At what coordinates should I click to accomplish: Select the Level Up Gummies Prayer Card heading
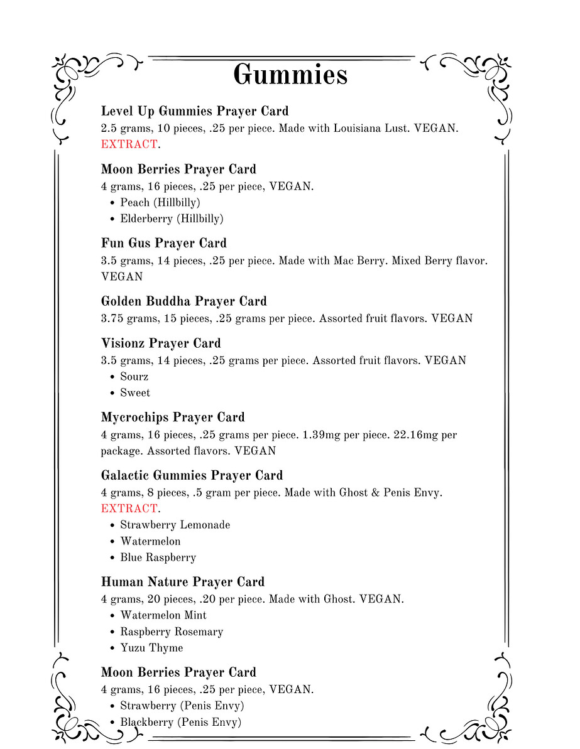coord(195,111)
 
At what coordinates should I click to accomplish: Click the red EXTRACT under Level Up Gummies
coord(129,144)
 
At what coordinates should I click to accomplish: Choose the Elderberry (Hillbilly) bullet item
coord(172,219)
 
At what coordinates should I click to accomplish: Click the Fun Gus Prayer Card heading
coord(163,243)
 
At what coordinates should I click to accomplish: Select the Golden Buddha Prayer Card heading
coord(183,301)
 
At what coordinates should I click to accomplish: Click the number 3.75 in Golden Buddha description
coord(112,318)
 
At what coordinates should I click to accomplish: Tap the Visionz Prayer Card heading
coord(161,343)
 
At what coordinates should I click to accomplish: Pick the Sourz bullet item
coord(134,377)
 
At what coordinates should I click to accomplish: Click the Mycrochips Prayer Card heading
coord(173,418)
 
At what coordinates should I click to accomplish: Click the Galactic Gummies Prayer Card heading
coord(192,475)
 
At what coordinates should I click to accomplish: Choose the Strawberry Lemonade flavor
coord(175,525)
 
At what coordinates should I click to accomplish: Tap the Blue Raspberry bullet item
coord(158,558)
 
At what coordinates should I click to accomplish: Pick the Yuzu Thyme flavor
coord(151,648)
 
